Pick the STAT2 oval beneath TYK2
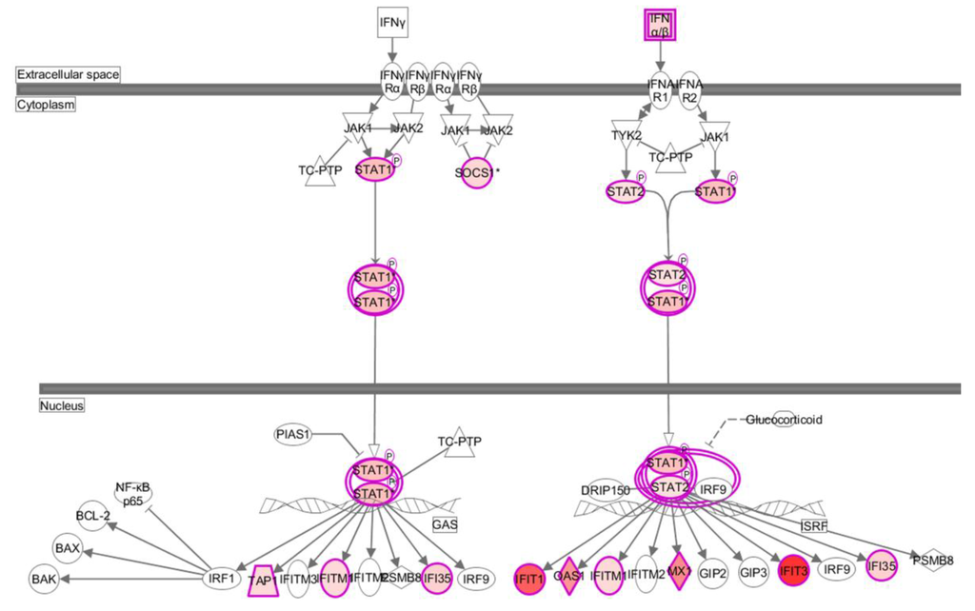tap(627, 191)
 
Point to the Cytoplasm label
tap(45, 105)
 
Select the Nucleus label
tap(63, 405)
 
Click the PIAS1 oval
tap(293, 434)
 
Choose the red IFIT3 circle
tap(793, 572)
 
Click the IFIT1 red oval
tap(528, 575)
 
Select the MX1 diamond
tap(678, 573)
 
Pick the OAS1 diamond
tap(568, 575)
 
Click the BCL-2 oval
tap(93, 518)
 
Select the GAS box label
tap(445, 524)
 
